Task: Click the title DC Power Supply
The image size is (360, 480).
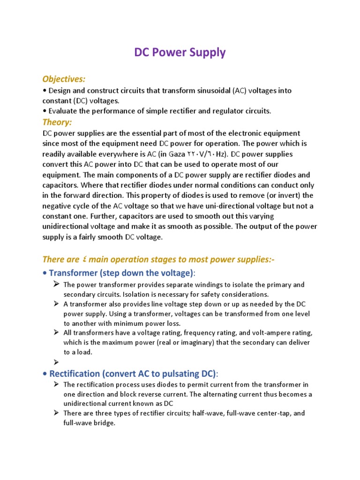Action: pyautogui.click(x=180, y=52)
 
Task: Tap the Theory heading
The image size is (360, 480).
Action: pyautogui.click(x=57, y=122)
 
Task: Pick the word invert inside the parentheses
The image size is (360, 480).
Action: pyautogui.click(x=282, y=195)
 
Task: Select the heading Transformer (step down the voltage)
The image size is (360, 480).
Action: pyautogui.click(x=121, y=273)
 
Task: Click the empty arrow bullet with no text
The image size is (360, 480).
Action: pyautogui.click(x=56, y=362)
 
